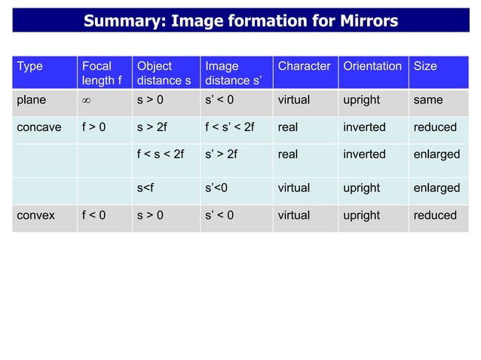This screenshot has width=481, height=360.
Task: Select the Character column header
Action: coord(304,66)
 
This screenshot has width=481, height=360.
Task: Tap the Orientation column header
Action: coord(372,66)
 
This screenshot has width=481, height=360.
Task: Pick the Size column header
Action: coord(425,66)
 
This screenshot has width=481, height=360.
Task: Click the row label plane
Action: coord(31,99)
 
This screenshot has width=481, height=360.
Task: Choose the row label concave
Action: coord(39,127)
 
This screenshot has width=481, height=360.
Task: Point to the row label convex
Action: coord(36,215)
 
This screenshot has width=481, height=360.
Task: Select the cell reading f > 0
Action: coord(93,127)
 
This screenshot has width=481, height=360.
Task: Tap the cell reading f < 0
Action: coord(93,215)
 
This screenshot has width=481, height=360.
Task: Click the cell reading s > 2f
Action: coord(152,127)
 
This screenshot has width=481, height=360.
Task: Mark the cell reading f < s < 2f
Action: coord(160,154)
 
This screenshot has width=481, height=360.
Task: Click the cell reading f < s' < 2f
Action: coord(230,127)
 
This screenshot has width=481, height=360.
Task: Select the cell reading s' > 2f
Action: coord(221,154)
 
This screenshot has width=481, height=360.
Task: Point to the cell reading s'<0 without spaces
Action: coord(217,188)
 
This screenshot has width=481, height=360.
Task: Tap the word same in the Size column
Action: coord(428,99)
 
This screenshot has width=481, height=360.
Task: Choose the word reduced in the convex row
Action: coord(435,215)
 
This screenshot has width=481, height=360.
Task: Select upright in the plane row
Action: coord(361,99)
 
